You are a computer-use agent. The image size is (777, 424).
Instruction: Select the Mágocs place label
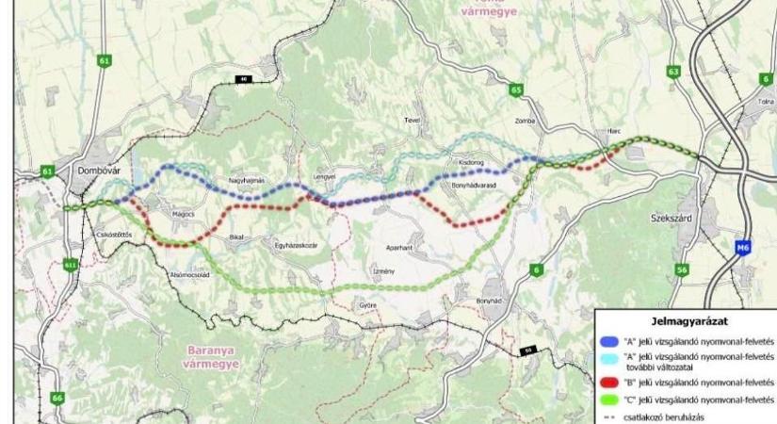[x=183, y=215]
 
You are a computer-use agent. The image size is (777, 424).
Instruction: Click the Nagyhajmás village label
[x=248, y=180]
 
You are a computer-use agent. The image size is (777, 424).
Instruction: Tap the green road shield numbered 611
[x=71, y=266]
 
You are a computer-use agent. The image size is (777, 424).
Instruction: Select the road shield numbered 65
[x=515, y=90]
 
